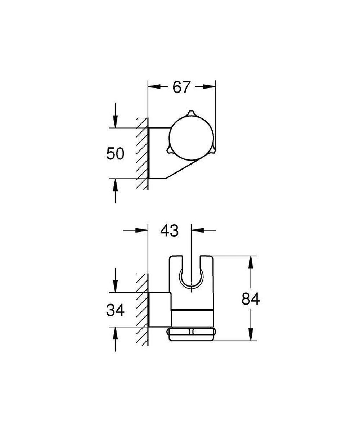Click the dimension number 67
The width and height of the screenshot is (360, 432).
(x=181, y=87)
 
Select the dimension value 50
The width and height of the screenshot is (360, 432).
(x=115, y=154)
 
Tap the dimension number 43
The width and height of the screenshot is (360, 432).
(x=170, y=231)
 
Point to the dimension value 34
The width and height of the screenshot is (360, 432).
(x=115, y=310)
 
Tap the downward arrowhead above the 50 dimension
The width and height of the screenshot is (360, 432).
(x=115, y=122)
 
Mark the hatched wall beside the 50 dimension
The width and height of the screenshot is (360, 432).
(x=142, y=153)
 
